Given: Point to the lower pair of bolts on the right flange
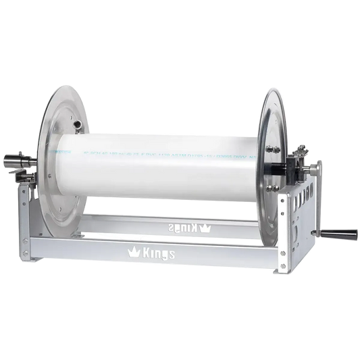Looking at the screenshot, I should coord(274,186).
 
